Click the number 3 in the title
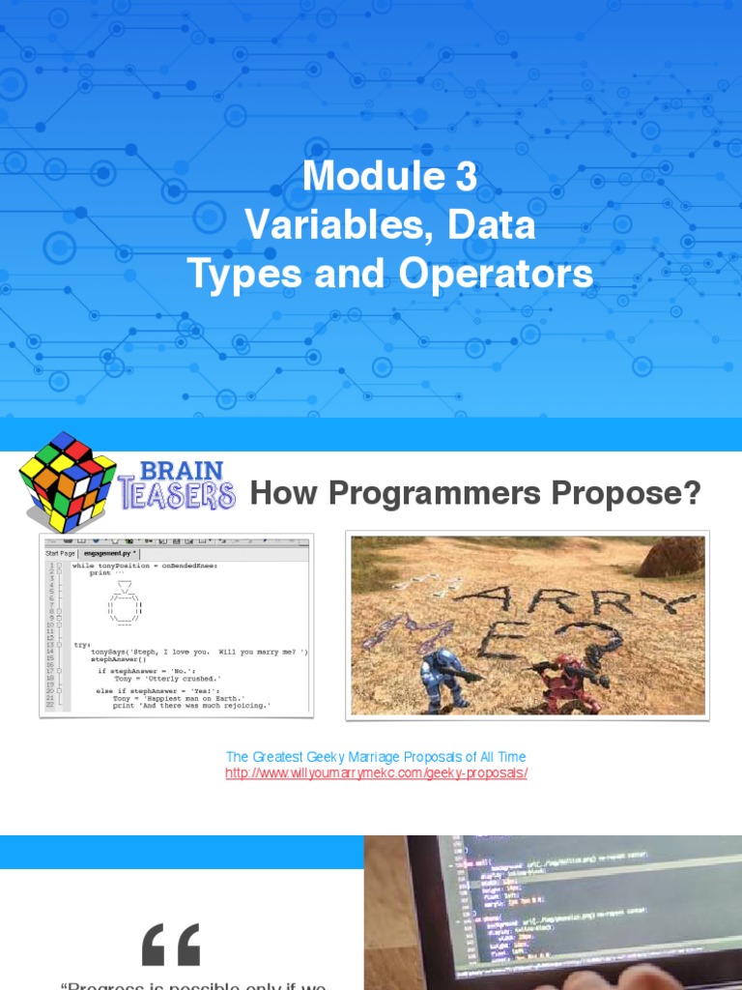pyautogui.click(x=465, y=176)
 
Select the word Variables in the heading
pyautogui.click(x=325, y=225)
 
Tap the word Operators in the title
pyautogui.click(x=493, y=275)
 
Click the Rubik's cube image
pyautogui.click(x=67, y=481)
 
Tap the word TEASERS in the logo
pyautogui.click(x=178, y=496)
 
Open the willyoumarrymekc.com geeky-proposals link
pyautogui.click(x=376, y=774)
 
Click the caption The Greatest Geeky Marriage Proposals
pyautogui.click(x=376, y=757)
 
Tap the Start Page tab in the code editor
pyautogui.click(x=60, y=553)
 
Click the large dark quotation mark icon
pyautogui.click(x=171, y=945)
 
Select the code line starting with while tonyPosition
pyautogui.click(x=145, y=565)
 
